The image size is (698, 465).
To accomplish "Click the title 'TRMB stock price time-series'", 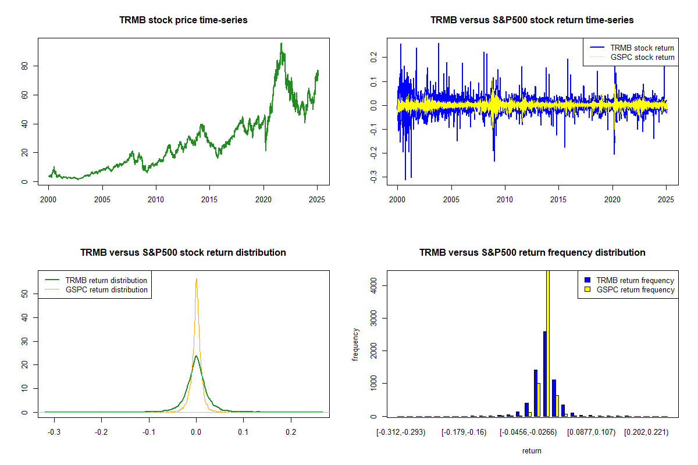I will pyautogui.click(x=183, y=20).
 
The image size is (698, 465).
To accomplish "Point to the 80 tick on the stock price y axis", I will pyautogui.click(x=24, y=66).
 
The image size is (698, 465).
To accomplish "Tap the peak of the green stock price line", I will pyautogui.click(x=282, y=44).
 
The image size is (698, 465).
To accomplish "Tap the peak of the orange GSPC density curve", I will pyautogui.click(x=197, y=279).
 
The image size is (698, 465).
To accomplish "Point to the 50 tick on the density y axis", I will pyautogui.click(x=24, y=294).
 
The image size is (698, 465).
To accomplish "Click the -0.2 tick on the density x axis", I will pyautogui.click(x=102, y=433).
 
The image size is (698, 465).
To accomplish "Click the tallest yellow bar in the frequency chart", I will pyautogui.click(x=548, y=343).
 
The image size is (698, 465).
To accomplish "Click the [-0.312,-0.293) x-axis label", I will pyautogui.click(x=402, y=433).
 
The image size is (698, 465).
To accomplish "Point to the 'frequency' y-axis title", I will pyautogui.click(x=355, y=345).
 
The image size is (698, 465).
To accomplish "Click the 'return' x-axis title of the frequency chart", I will pyautogui.click(x=532, y=450).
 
